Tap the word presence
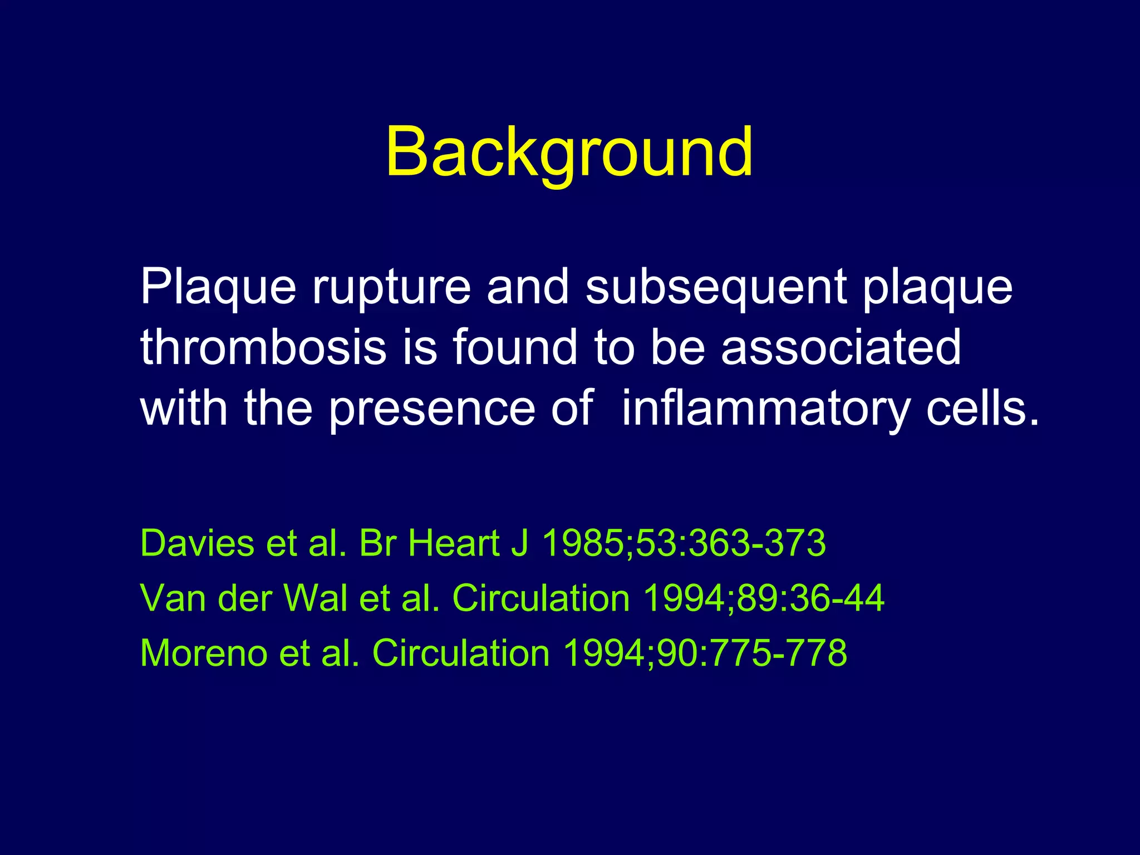click(431, 409)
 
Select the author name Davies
click(198, 543)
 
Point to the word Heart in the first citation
click(454, 543)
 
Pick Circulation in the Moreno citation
click(461, 653)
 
